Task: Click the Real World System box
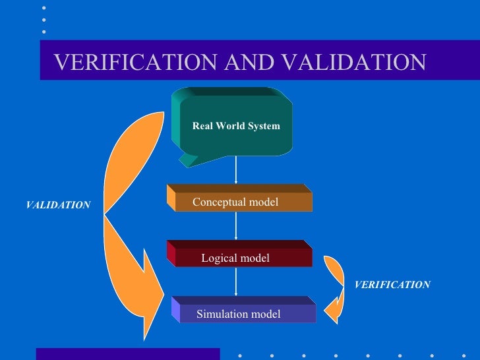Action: (236, 126)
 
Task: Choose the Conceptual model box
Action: (241, 202)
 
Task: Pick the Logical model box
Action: (241, 258)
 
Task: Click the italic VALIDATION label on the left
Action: (58, 206)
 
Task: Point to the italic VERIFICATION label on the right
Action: (392, 285)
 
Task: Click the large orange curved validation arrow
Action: (129, 218)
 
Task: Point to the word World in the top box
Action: (236, 126)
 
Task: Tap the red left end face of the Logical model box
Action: (171, 253)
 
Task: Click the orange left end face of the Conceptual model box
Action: (171, 196)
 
